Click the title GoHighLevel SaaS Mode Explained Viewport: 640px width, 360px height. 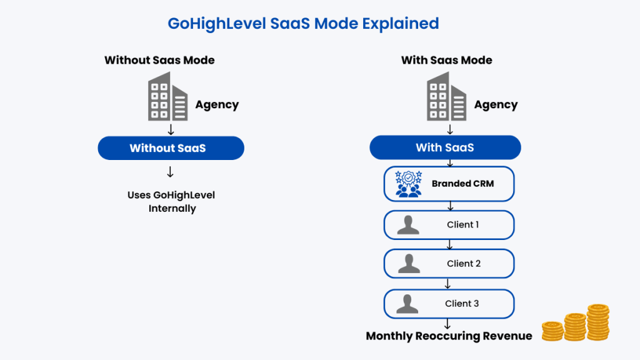click(303, 24)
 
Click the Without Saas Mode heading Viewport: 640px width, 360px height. click(159, 61)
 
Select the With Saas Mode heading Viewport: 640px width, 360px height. click(446, 61)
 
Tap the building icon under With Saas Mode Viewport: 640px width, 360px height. click(446, 96)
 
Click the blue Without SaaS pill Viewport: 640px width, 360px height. click(171, 148)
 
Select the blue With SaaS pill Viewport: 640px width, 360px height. click(445, 148)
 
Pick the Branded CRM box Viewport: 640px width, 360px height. click(449, 184)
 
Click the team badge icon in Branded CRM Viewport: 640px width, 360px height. click(409, 184)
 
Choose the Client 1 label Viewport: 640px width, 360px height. click(463, 224)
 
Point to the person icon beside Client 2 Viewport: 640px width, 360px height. click(409, 264)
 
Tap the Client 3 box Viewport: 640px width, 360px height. click(449, 304)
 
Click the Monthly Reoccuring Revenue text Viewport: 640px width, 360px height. click(449, 336)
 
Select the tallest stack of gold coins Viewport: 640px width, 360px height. click(597, 322)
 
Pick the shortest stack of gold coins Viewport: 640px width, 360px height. click(552, 331)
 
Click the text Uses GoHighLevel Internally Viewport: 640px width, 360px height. click(171, 202)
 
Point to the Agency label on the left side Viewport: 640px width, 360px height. click(217, 104)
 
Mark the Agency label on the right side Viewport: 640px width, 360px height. click(496, 104)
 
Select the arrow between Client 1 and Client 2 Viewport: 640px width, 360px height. click(449, 244)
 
